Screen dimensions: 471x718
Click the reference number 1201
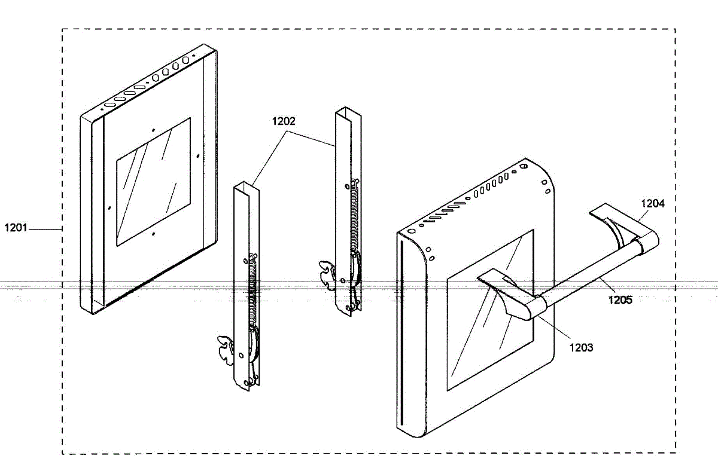point(16,228)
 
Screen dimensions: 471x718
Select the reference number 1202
point(283,121)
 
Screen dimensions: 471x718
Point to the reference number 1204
point(653,203)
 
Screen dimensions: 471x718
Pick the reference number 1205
point(620,300)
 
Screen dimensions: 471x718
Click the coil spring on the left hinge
point(252,293)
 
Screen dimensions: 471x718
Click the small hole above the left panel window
point(154,129)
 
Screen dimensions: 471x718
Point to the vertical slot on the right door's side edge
point(403,335)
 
